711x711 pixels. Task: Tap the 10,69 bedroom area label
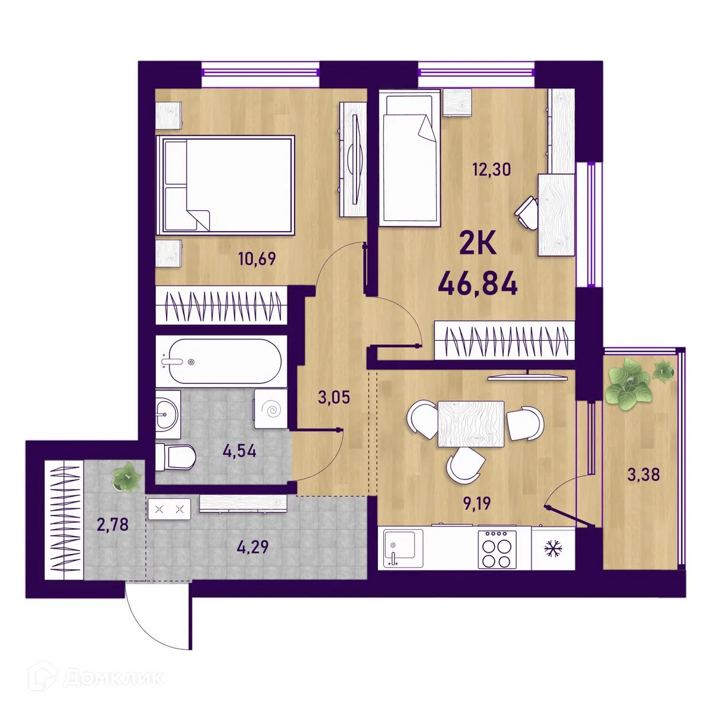[257, 259]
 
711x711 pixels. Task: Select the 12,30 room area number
[492, 169]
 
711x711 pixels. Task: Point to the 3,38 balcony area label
[643, 475]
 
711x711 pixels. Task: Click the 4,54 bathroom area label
[239, 451]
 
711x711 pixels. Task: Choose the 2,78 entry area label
[113, 524]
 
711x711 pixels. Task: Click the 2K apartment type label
[478, 244]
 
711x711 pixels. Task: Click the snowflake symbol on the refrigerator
[553, 549]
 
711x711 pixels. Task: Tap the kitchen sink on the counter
[403, 548]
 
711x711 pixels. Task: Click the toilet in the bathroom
[175, 457]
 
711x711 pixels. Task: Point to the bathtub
[221, 361]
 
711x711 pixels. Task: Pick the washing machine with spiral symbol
[270, 409]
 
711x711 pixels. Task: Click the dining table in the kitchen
[471, 424]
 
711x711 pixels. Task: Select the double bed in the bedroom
[225, 185]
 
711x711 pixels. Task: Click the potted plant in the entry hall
[127, 476]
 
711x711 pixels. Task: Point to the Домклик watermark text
[114, 678]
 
